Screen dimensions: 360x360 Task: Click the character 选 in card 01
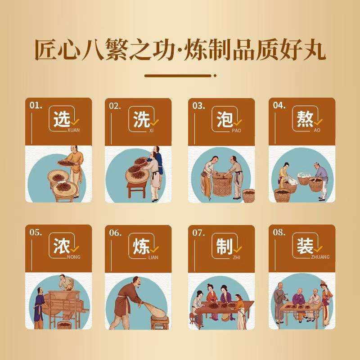pyautogui.click(x=62, y=119)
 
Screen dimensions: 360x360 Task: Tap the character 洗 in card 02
pyautogui.click(x=141, y=119)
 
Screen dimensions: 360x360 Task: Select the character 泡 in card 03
pyautogui.click(x=225, y=119)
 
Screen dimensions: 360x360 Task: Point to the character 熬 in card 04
pyautogui.click(x=305, y=119)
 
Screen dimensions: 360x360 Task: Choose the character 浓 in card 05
pyautogui.click(x=62, y=246)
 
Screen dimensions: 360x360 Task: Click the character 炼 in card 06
pyautogui.click(x=141, y=246)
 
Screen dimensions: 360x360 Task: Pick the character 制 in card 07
pyautogui.click(x=225, y=246)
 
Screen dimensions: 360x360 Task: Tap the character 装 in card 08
pyautogui.click(x=305, y=246)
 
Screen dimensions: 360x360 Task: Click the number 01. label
pyautogui.click(x=36, y=105)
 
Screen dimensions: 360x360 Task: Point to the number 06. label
pyautogui.click(x=115, y=233)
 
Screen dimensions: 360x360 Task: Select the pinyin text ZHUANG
pyautogui.click(x=320, y=257)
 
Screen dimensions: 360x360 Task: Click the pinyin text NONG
pyautogui.click(x=74, y=257)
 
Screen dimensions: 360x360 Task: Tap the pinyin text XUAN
pyautogui.click(x=73, y=130)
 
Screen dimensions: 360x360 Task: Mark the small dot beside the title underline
pyautogui.click(x=215, y=76)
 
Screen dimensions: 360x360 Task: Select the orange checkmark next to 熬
pyautogui.click(x=318, y=122)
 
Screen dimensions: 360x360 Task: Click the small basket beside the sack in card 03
pyautogui.click(x=249, y=195)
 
